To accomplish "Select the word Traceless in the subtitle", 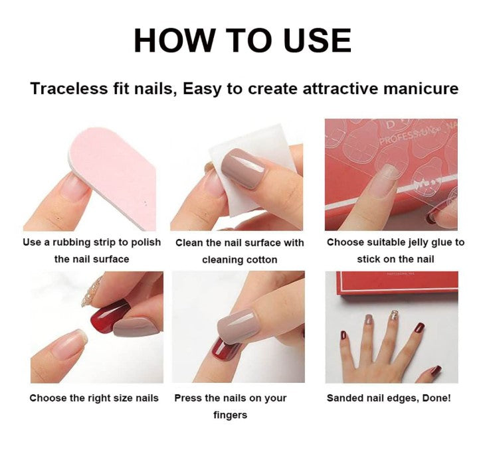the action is pos(68,89).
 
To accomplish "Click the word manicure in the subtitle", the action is pos(421,89).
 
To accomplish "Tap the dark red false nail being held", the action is pos(110,317).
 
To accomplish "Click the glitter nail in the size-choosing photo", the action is pos(92,291).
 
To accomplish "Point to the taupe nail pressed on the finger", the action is pos(238,326).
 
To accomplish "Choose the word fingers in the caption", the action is pos(231,415).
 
